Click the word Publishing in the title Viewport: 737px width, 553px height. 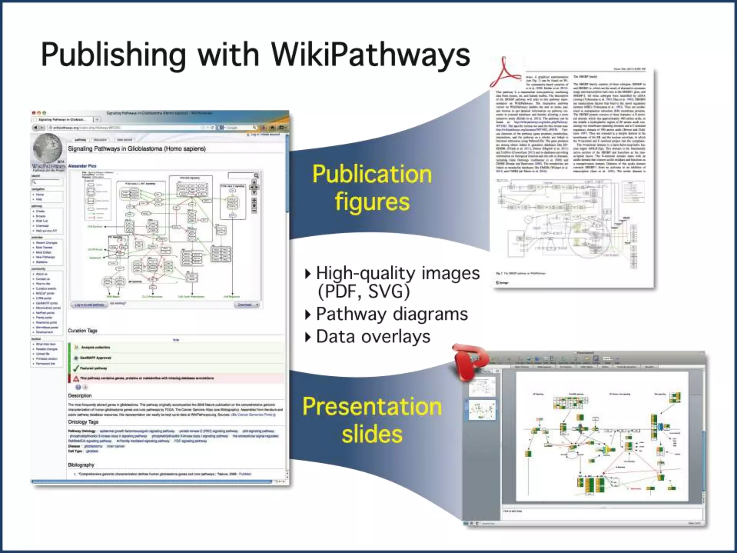113,55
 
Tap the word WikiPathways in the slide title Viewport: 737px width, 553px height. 370,55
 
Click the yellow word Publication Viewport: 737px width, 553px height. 372,174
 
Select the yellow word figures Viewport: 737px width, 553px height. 372,202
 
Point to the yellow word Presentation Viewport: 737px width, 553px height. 372,406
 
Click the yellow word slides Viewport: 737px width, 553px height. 372,434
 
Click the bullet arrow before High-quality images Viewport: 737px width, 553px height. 307,274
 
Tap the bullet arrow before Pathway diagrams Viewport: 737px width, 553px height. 307,315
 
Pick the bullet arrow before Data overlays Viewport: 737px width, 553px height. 307,337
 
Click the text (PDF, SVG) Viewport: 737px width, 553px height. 363,292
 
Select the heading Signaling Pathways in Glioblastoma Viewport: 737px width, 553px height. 137,149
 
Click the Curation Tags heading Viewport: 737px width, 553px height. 82,331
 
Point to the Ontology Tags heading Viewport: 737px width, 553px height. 83,422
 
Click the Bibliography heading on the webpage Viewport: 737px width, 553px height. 81,465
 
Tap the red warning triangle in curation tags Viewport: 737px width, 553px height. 76,378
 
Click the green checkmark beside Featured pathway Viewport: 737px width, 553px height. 76,368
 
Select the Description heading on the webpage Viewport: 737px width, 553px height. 80,395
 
